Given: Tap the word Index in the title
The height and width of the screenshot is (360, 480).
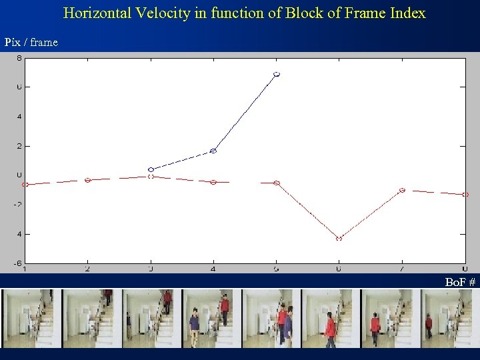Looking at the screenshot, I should [407, 13].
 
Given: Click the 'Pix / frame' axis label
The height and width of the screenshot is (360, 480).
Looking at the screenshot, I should [31, 43].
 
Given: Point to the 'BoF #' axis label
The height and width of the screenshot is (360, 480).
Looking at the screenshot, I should [460, 283].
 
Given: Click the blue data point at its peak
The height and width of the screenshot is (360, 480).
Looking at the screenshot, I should [277, 74].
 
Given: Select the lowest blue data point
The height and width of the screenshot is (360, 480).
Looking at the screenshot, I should [151, 169].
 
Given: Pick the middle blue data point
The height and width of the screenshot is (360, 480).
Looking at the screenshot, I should [213, 151].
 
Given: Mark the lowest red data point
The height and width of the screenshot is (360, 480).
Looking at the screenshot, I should [339, 238].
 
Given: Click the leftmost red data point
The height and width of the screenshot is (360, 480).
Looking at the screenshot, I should [25, 184].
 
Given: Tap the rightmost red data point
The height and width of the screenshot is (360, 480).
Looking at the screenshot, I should [465, 195].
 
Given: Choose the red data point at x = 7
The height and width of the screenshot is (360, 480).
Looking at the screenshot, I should [402, 190].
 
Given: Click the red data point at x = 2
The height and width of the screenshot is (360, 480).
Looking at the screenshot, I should [87, 180].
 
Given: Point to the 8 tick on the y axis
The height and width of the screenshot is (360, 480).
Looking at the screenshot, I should [19, 58].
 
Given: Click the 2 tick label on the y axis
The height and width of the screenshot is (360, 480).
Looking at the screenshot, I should [19, 145].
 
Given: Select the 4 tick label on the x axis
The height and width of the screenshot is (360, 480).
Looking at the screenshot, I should [213, 269].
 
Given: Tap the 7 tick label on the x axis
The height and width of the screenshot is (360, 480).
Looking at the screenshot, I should [402, 269].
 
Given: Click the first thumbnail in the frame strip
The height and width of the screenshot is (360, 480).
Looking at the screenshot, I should [31, 319].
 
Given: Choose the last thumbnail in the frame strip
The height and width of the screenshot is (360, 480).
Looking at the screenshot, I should [450, 319].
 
